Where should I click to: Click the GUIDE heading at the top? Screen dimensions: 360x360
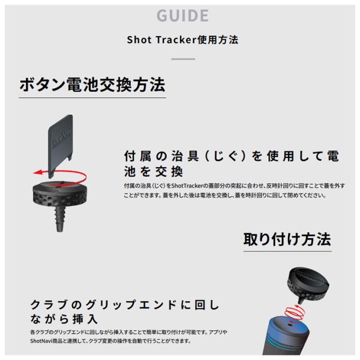click(x=180, y=15)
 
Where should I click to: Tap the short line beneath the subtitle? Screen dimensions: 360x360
click(x=180, y=58)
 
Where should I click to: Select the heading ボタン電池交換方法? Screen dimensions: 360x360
click(x=92, y=85)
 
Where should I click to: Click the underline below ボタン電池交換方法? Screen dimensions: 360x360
click(x=92, y=99)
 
